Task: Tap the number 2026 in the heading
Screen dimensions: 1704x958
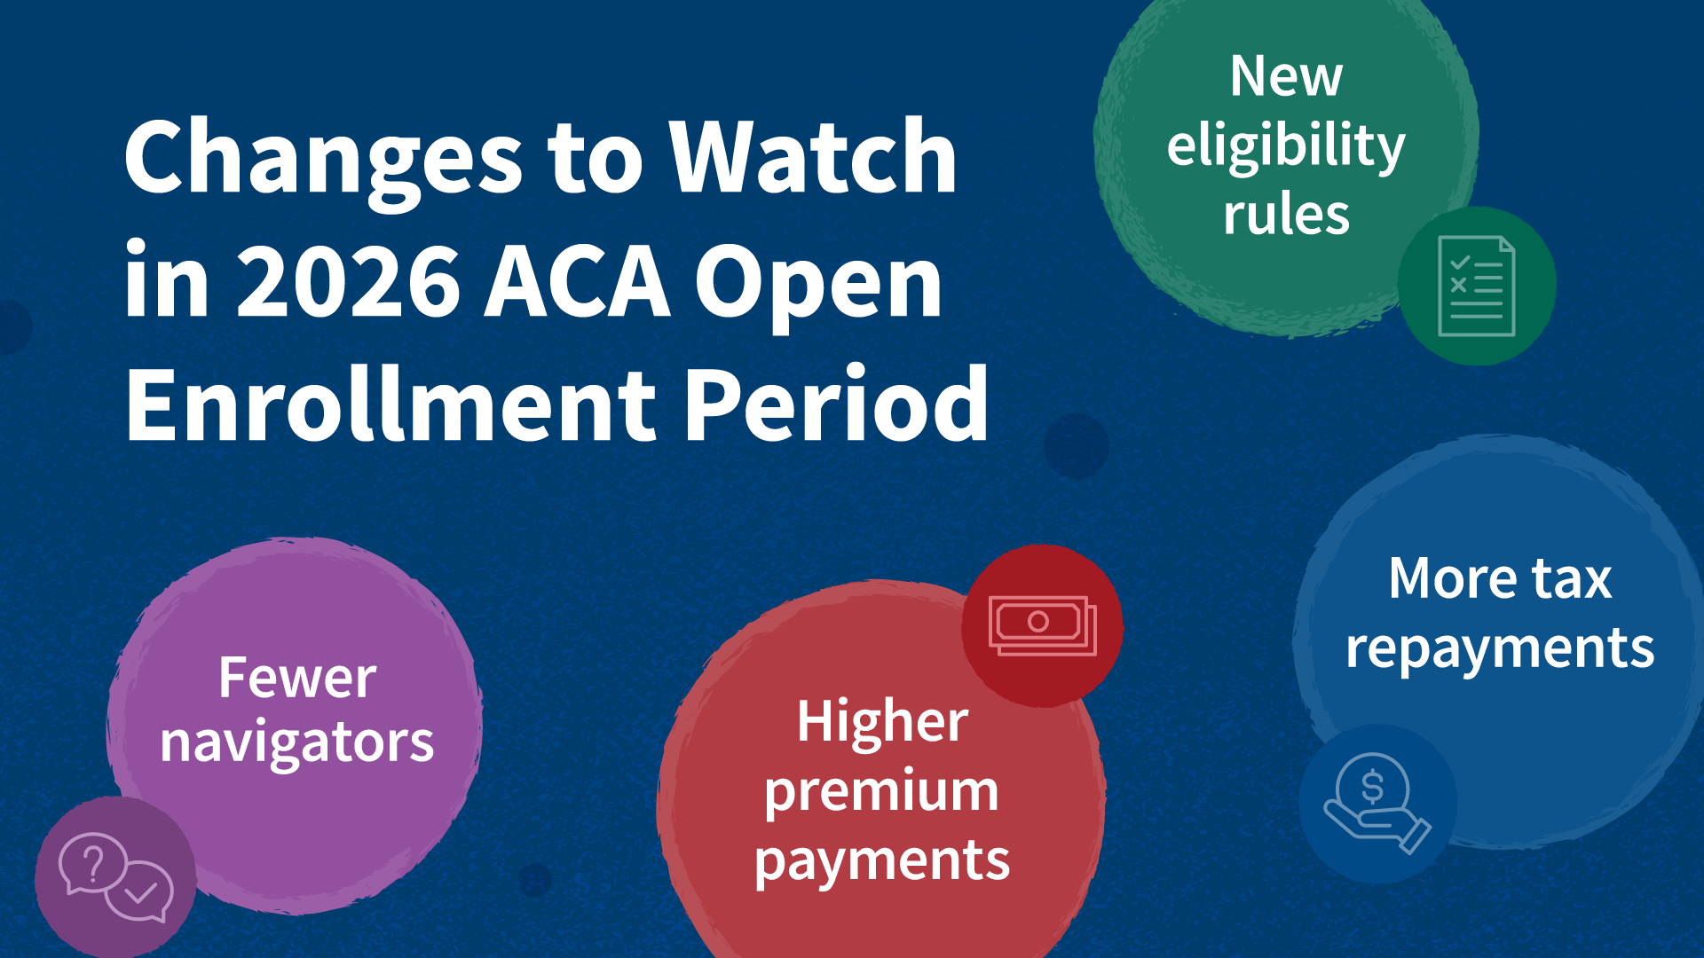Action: pyautogui.click(x=349, y=282)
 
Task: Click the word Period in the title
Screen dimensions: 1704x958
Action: pyautogui.click(x=837, y=404)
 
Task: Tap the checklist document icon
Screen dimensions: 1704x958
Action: pyautogui.click(x=1477, y=287)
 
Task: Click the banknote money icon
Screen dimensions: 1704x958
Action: pyautogui.click(x=1043, y=625)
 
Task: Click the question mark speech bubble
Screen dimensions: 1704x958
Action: pyautogui.click(x=92, y=862)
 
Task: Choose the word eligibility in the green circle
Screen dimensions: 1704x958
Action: pyautogui.click(x=1286, y=147)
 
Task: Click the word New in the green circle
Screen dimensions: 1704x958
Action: pyautogui.click(x=1286, y=76)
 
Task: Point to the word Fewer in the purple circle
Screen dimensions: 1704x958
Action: pyautogui.click(x=297, y=679)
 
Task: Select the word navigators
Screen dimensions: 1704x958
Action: pyautogui.click(x=297, y=742)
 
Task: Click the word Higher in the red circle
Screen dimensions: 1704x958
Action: pyautogui.click(x=882, y=721)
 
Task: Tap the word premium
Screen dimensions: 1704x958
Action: pyautogui.click(x=881, y=792)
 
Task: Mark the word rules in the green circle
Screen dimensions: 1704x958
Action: pyautogui.click(x=1286, y=216)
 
